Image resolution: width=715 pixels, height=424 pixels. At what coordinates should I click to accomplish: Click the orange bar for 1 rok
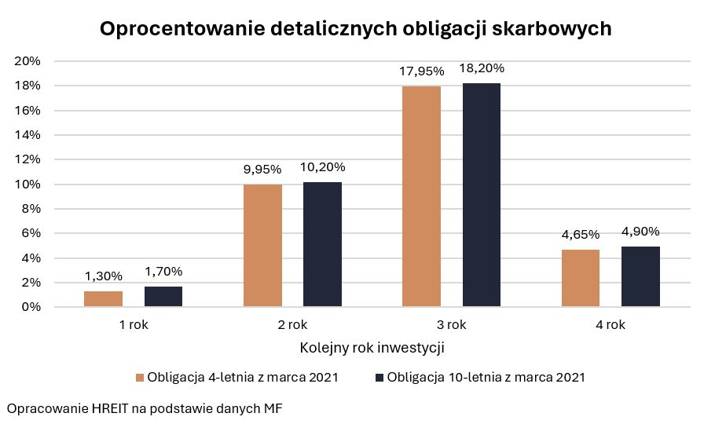tap(103, 299)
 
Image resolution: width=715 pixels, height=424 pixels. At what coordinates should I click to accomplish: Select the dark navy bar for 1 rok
tap(163, 297)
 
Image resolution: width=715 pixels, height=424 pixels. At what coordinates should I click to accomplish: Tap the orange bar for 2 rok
tap(263, 246)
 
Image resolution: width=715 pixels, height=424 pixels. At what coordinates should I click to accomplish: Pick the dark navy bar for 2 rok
tap(323, 244)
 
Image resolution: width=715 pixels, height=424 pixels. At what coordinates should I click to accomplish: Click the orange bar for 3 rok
tap(421, 196)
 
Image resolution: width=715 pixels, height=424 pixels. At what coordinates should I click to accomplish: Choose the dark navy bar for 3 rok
tap(482, 195)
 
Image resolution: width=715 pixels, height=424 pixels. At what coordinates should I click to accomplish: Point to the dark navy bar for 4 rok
tap(640, 276)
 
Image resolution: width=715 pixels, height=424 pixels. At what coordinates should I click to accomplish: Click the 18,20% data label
tap(482, 68)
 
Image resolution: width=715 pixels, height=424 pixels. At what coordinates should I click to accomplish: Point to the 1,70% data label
tap(163, 272)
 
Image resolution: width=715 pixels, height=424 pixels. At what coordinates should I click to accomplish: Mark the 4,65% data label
tap(581, 235)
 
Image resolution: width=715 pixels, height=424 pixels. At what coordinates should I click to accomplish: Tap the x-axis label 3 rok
tap(451, 325)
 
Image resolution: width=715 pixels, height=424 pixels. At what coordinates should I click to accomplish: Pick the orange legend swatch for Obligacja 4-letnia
tap(141, 378)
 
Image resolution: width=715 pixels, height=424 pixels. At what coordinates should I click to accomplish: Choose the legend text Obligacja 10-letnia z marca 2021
tap(486, 378)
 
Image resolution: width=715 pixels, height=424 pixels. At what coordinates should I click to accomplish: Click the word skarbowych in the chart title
tap(549, 29)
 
